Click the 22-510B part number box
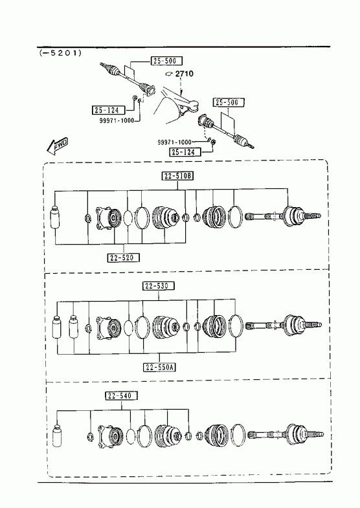(177, 176)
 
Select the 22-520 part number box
(124, 258)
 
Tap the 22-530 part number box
(159, 286)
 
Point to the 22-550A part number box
(159, 367)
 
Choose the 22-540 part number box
(121, 395)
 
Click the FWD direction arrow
(58, 146)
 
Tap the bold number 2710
(184, 74)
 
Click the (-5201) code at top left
(60, 52)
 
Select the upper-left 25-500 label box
(166, 61)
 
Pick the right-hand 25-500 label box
(229, 102)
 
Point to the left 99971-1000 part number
(117, 120)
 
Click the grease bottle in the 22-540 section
(57, 435)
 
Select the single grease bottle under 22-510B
(56, 217)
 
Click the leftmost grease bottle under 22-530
(58, 326)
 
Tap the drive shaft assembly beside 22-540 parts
(286, 434)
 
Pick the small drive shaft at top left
(128, 79)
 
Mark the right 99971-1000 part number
(175, 142)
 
